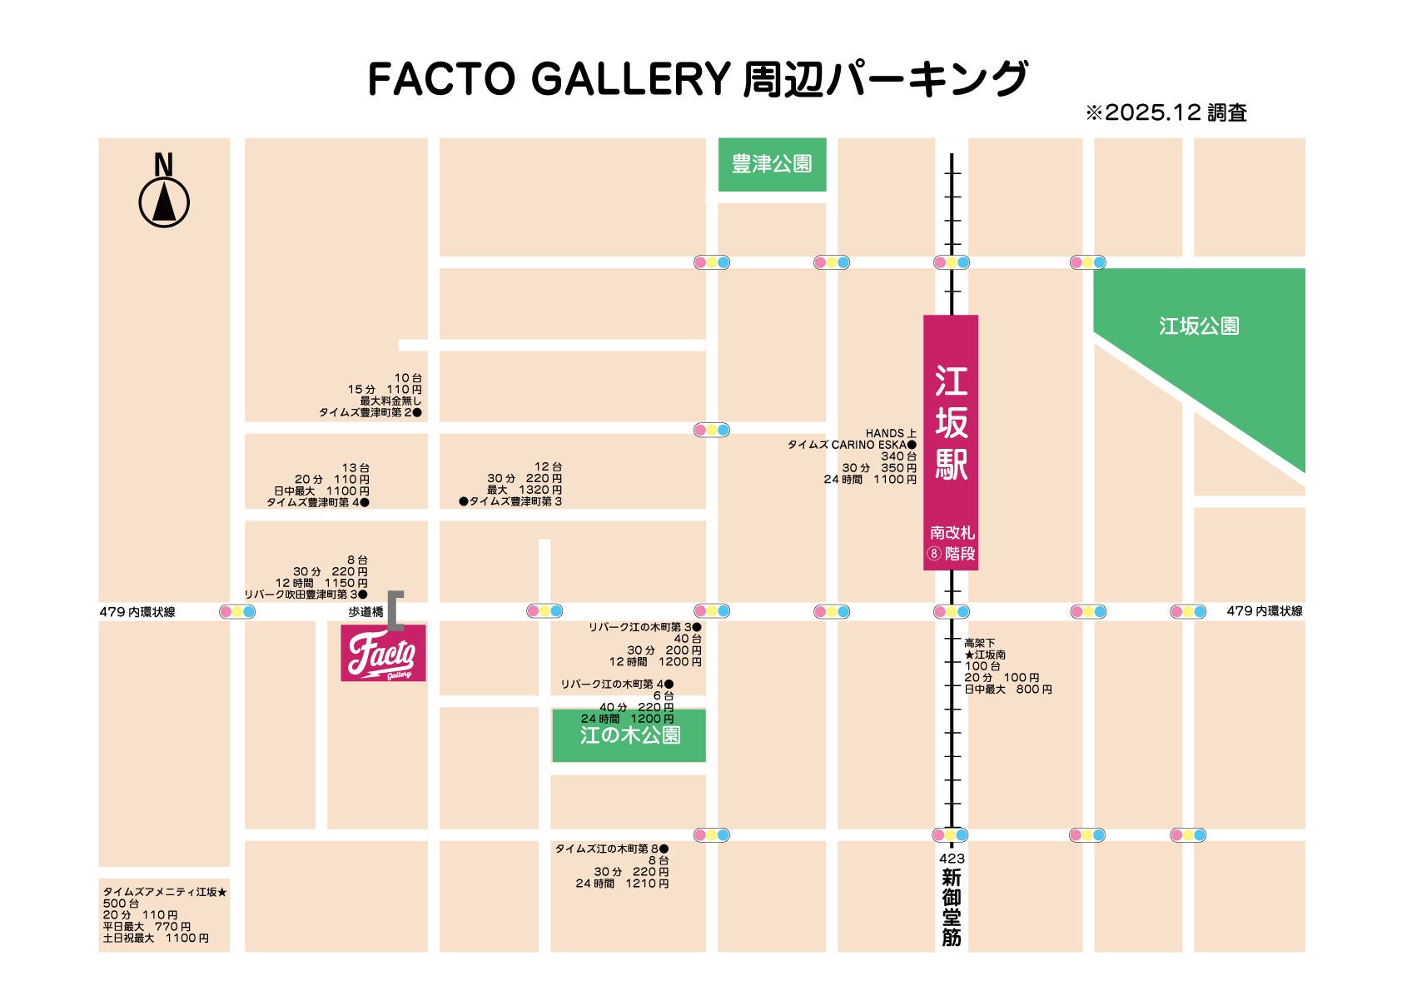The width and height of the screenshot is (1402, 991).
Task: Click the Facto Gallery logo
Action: (383, 653)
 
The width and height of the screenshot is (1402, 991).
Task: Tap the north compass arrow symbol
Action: (164, 202)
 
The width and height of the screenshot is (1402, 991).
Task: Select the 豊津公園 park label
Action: (772, 164)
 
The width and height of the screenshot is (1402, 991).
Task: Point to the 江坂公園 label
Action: (1199, 326)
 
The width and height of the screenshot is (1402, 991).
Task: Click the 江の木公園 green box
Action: (629, 735)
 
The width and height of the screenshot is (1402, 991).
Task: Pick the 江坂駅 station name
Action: (951, 423)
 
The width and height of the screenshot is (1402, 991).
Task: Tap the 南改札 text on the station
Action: (952, 532)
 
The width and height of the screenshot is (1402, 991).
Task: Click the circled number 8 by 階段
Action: (934, 554)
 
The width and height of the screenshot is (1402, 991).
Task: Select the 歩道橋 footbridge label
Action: (365, 612)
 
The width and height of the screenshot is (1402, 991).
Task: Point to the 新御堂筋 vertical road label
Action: (952, 908)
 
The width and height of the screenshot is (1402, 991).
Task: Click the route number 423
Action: (952, 859)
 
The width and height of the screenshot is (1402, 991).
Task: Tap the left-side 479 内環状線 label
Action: (137, 612)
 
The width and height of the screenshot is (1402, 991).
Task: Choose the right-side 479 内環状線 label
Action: (1264, 611)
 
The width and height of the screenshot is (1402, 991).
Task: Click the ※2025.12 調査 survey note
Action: (1166, 113)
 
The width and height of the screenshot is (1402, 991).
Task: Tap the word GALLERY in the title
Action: (630, 79)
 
